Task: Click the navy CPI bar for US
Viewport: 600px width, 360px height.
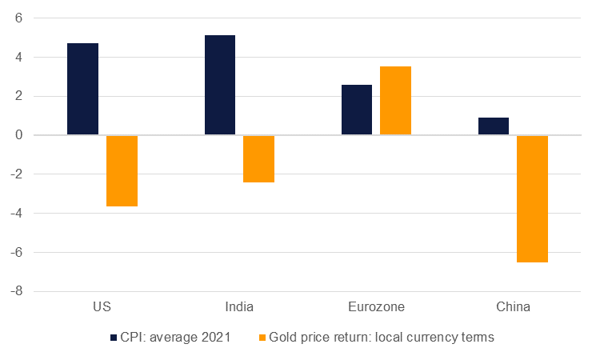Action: click(83, 89)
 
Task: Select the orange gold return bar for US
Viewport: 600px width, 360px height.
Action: click(122, 171)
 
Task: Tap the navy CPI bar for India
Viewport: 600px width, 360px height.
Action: click(220, 85)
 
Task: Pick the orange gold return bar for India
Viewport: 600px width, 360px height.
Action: click(258, 159)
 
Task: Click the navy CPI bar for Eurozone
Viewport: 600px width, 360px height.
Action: click(357, 110)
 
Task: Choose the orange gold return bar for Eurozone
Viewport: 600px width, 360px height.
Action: click(395, 101)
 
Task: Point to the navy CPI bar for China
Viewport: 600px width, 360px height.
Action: click(494, 126)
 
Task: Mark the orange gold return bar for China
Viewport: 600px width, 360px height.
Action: click(532, 198)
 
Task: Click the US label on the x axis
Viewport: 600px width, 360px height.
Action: click(102, 307)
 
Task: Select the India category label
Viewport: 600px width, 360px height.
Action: click(239, 307)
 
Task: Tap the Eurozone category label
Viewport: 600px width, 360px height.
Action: click(376, 307)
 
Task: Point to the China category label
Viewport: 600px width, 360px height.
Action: click(513, 307)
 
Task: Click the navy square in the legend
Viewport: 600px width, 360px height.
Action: click(114, 338)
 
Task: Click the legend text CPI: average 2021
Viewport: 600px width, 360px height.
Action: click(176, 338)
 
